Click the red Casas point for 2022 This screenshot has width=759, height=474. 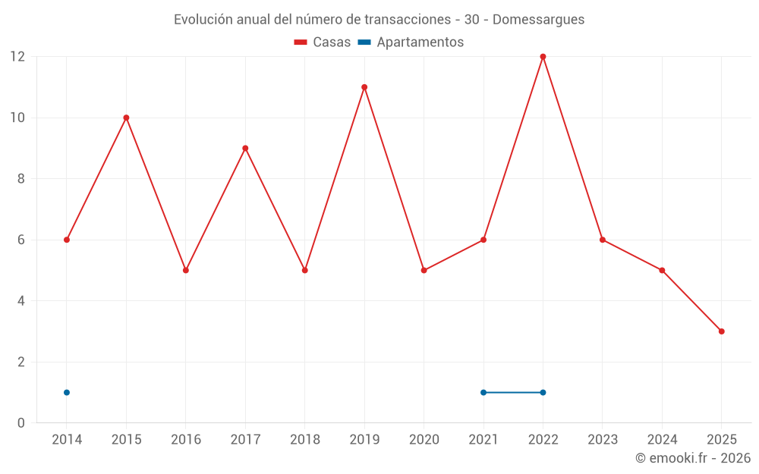(x=543, y=57)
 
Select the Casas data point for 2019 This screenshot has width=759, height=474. (x=364, y=87)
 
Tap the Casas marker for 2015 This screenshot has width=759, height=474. (x=126, y=118)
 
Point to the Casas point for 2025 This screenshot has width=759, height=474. (x=721, y=331)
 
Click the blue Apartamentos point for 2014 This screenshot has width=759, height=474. (x=67, y=392)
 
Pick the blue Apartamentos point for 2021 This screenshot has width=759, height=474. (x=483, y=392)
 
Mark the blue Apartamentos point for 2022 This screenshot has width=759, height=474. (x=543, y=392)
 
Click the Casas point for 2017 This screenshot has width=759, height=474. (x=245, y=148)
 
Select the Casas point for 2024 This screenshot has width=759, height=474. (x=662, y=270)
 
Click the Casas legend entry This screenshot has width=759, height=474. (x=323, y=42)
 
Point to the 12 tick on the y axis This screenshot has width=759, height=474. (x=17, y=57)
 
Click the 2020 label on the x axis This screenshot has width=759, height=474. (x=424, y=440)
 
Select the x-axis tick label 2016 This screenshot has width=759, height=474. (x=185, y=440)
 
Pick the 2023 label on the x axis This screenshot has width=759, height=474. (x=602, y=440)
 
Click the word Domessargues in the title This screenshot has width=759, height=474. (x=538, y=20)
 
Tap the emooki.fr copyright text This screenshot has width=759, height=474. (x=693, y=458)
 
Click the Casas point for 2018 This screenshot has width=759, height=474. (x=304, y=270)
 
